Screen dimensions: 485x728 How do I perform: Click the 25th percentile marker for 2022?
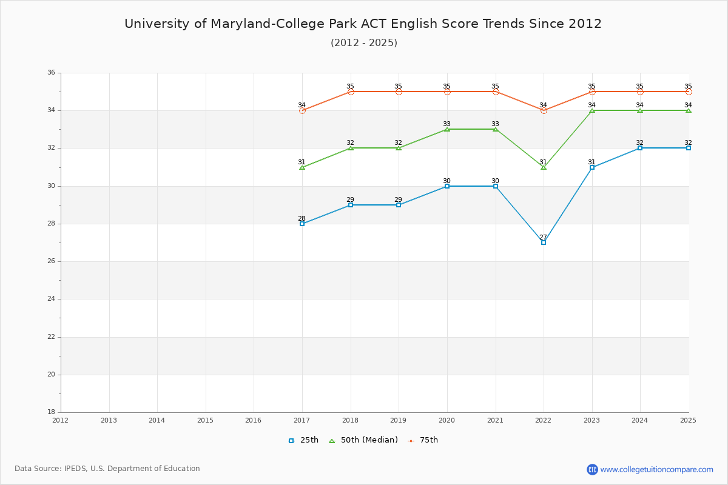(544, 242)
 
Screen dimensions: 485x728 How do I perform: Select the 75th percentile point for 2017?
(302, 110)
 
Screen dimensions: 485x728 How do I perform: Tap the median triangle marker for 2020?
(447, 129)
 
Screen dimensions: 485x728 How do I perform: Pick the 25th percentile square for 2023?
(592, 167)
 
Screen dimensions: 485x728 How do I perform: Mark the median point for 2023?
(592, 110)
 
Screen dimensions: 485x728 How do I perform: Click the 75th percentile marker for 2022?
(544, 110)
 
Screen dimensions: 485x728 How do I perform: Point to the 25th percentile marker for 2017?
(302, 224)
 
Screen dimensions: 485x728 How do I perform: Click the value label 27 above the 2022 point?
(544, 237)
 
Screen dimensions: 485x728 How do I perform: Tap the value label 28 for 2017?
(302, 218)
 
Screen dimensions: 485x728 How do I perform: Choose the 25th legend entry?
(303, 440)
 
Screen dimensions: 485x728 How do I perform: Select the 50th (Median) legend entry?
(363, 440)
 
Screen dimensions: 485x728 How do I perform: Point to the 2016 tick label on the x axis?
(254, 420)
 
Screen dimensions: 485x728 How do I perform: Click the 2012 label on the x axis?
(61, 420)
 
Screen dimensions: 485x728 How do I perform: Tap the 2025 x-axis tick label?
(688, 420)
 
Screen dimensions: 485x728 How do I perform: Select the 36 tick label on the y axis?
(51, 73)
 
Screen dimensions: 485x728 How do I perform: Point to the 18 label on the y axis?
(51, 412)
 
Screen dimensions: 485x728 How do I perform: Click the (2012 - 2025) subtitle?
(364, 42)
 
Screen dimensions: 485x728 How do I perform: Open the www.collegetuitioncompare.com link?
(656, 469)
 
